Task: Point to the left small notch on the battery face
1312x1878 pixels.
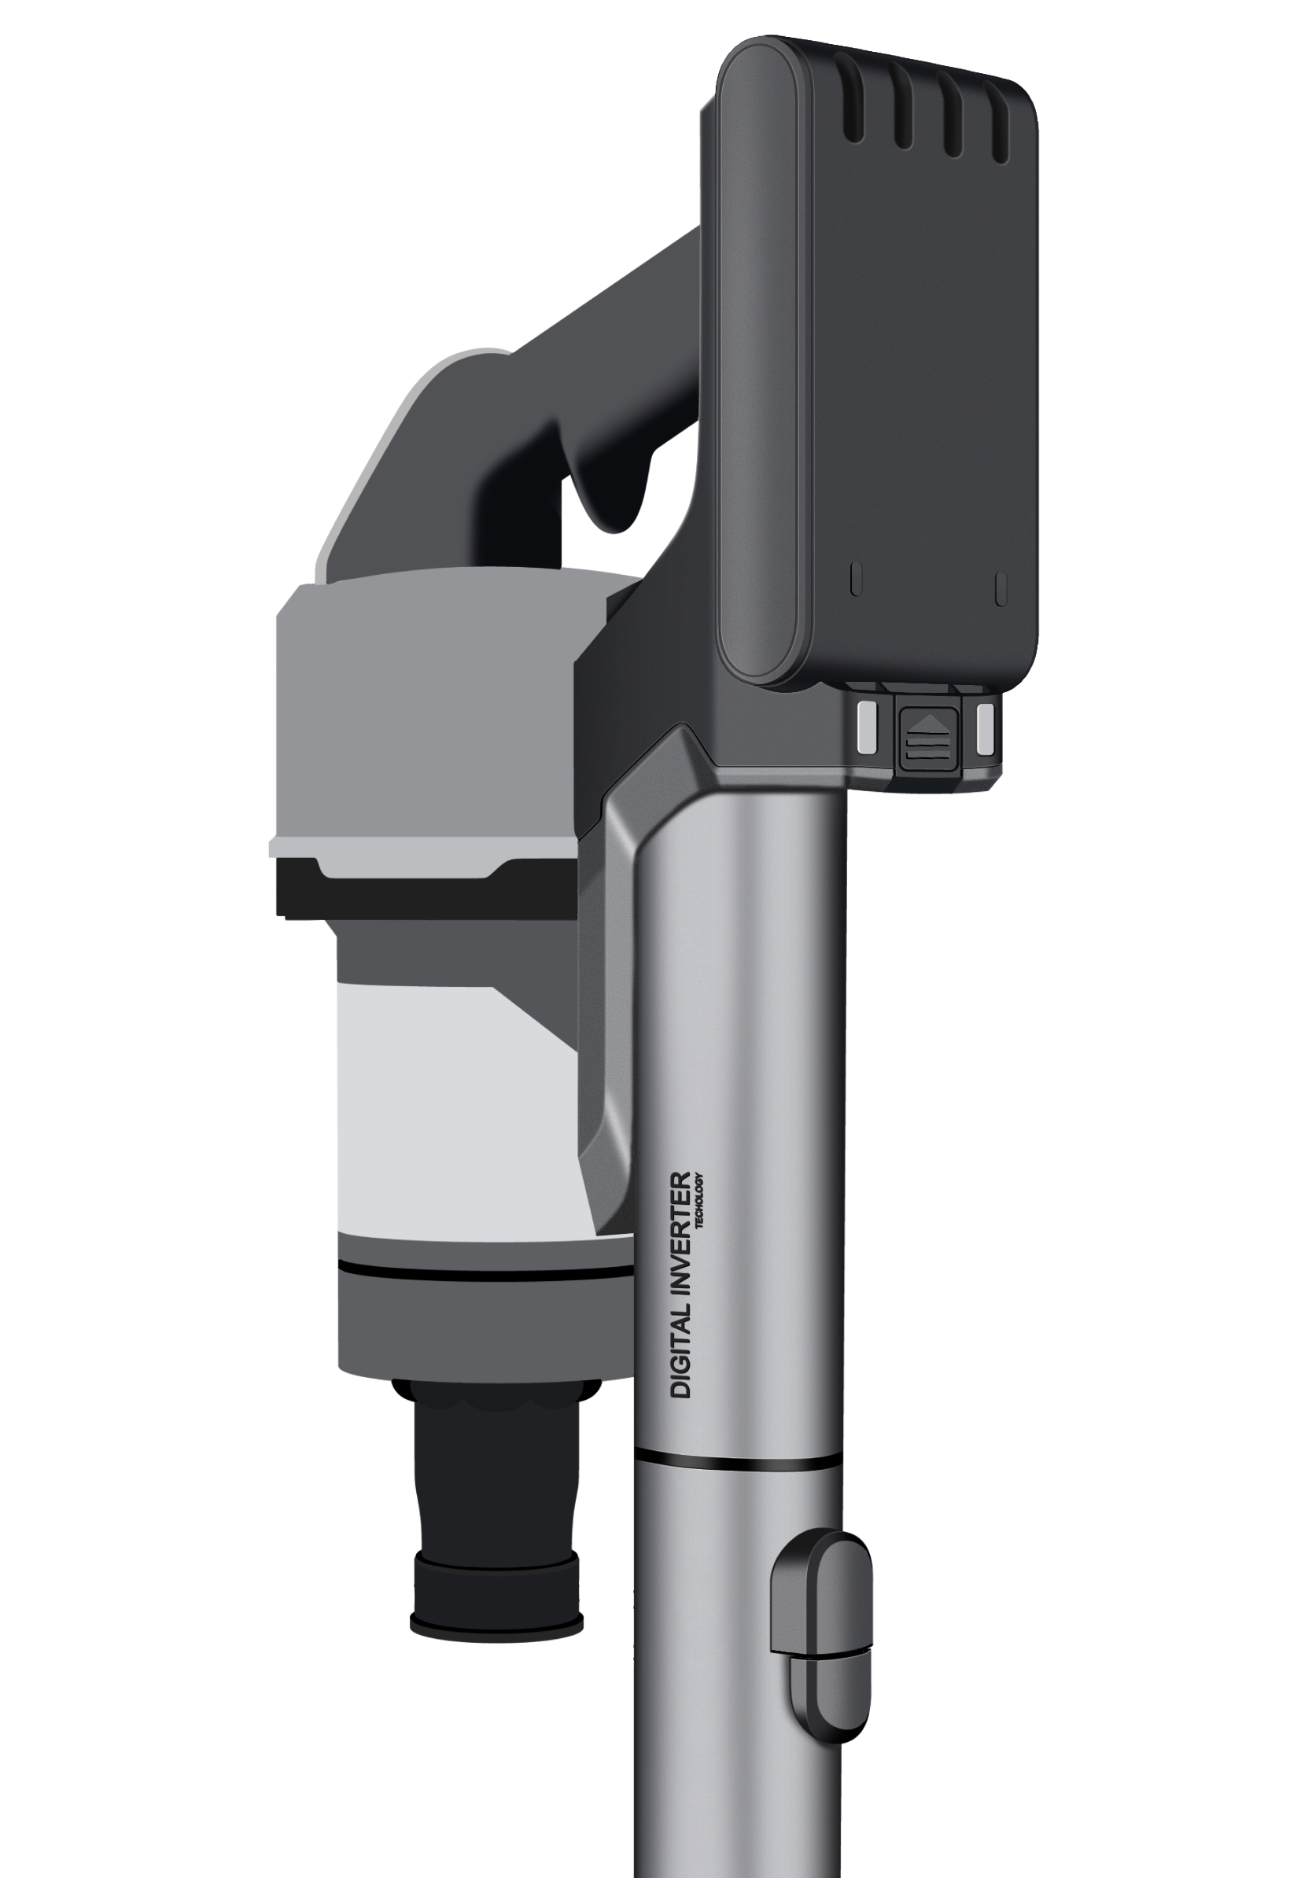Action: [857, 579]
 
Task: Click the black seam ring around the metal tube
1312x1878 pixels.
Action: [736, 1462]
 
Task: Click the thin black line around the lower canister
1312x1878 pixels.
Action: [483, 1270]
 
